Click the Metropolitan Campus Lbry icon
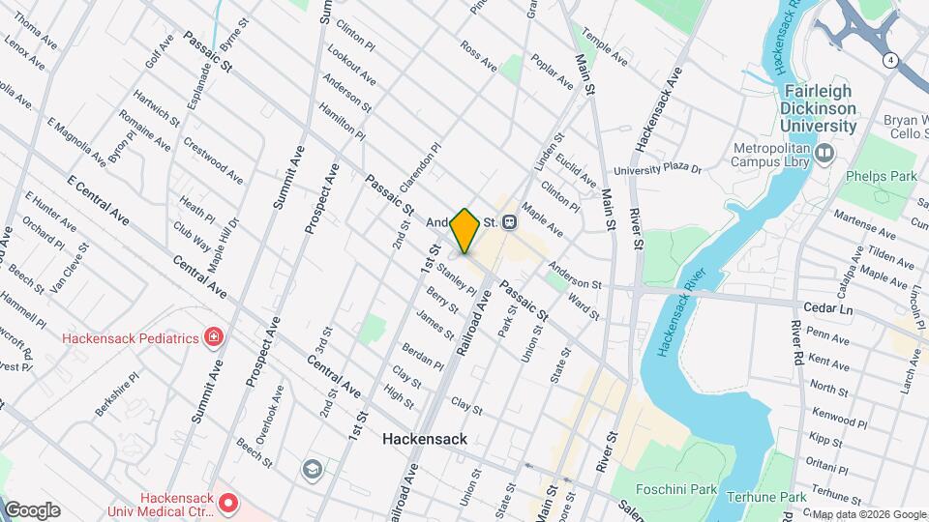[824, 152]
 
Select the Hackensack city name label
[424, 438]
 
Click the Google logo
[31, 510]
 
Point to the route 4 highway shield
[888, 60]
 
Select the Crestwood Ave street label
[213, 159]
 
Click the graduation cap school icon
[312, 469]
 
